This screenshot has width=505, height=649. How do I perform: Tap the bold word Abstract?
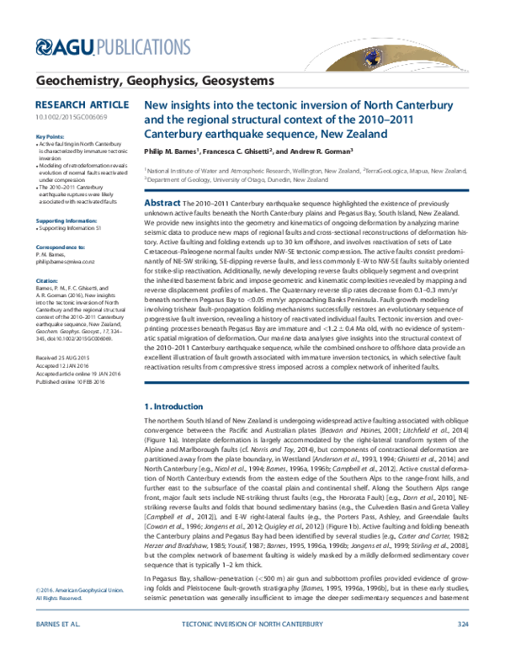point(163,205)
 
